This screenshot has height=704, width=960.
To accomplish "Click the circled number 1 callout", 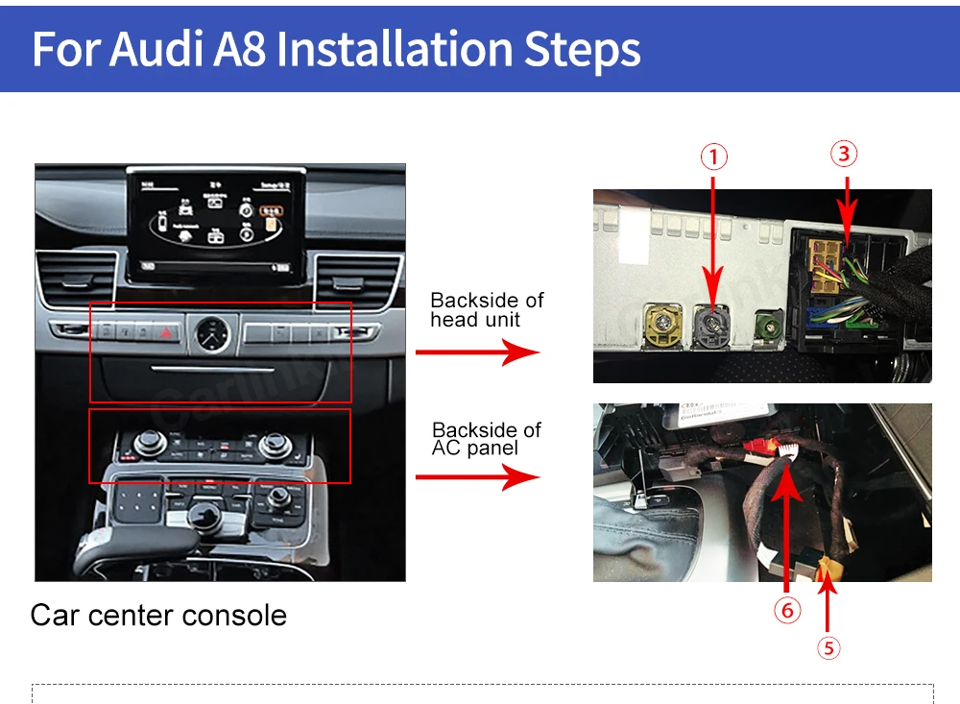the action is (x=713, y=157).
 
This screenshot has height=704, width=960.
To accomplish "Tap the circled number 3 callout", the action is (x=843, y=154).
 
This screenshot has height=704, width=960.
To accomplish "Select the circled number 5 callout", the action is (x=828, y=648).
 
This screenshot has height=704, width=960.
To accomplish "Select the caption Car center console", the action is (x=158, y=615).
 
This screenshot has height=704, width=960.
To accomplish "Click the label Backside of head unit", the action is (x=487, y=310).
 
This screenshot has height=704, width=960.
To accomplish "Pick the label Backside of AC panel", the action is (x=487, y=439).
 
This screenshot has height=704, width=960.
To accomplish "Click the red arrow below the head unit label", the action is (x=478, y=352).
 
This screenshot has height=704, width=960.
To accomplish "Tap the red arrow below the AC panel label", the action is (x=478, y=476).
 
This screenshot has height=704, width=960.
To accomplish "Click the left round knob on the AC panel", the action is (x=147, y=444).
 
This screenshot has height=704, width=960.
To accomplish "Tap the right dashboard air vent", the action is (x=359, y=279).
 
